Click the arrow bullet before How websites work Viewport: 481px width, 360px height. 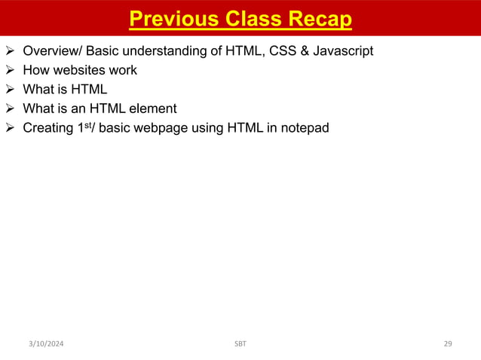tap(11, 71)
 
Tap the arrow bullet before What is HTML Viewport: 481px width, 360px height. tap(11, 90)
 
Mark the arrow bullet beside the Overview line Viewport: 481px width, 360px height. tap(11, 51)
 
